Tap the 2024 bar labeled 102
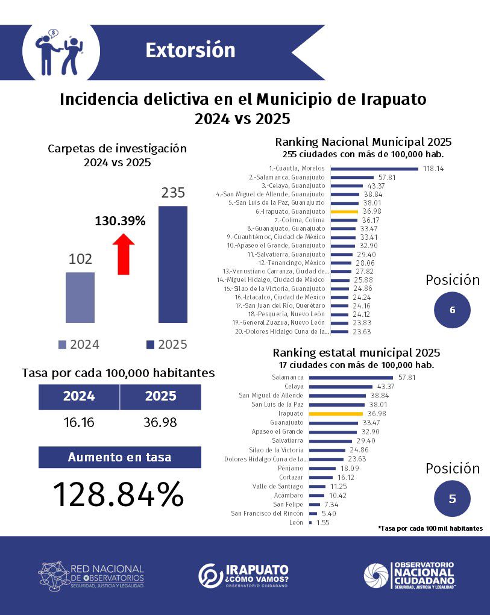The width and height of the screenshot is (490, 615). tap(80, 297)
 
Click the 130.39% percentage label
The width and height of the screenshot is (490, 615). tap(121, 221)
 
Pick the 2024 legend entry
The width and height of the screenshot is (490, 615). tap(79, 345)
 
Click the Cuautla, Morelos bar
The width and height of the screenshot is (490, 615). tap(374, 169)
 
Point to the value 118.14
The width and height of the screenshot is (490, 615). tap(433, 169)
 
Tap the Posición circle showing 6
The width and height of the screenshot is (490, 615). tap(452, 310)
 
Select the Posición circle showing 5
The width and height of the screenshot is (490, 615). tap(452, 499)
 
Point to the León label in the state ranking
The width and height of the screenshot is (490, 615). tap(296, 522)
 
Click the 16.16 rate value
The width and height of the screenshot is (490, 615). tap(79, 422)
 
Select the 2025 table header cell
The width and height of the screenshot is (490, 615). tap(160, 396)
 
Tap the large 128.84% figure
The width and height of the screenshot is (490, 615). tap(119, 495)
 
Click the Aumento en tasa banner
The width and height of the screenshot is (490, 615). tap(119, 457)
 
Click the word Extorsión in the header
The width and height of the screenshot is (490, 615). tap(190, 50)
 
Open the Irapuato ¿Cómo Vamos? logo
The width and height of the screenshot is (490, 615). tap(243, 576)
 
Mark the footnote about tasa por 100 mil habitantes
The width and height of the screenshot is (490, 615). tap(430, 528)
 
